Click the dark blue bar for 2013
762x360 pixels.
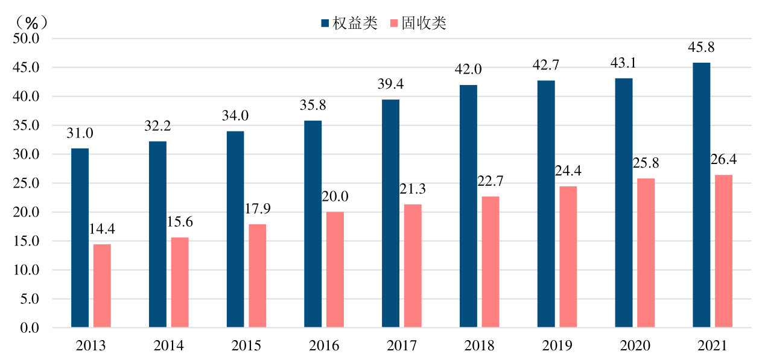pyautogui.click(x=80, y=238)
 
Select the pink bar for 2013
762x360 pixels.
pyautogui.click(x=102, y=286)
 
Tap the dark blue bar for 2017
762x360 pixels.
pyautogui.click(x=390, y=213)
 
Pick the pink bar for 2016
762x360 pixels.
pyautogui.click(x=335, y=270)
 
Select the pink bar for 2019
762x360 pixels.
pyautogui.click(x=568, y=257)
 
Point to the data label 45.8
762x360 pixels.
pyautogui.click(x=701, y=48)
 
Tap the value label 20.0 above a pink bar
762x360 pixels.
pyautogui.click(x=335, y=197)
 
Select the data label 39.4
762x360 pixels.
pyautogui.click(x=390, y=84)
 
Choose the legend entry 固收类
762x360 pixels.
pyautogui.click(x=419, y=24)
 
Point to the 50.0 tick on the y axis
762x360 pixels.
pyautogui.click(x=27, y=39)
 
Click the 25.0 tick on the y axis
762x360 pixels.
pyautogui.click(x=27, y=183)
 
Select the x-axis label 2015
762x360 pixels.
pyautogui.click(x=246, y=346)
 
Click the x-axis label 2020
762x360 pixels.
pyautogui.click(x=635, y=346)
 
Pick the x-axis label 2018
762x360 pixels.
pyautogui.click(x=480, y=346)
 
